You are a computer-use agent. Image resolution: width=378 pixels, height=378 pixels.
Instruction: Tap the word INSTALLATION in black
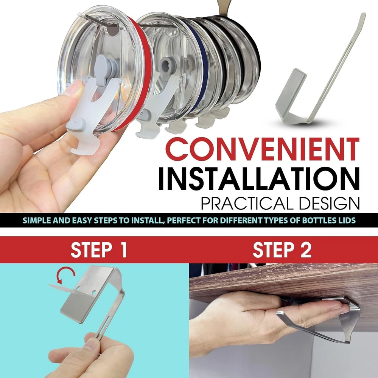259,178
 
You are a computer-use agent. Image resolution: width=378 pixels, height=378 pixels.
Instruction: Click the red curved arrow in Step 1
65,275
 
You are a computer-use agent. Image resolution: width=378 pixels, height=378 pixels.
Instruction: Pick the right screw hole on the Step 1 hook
94,293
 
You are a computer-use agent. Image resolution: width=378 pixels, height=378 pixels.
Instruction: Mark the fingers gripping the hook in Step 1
92,355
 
